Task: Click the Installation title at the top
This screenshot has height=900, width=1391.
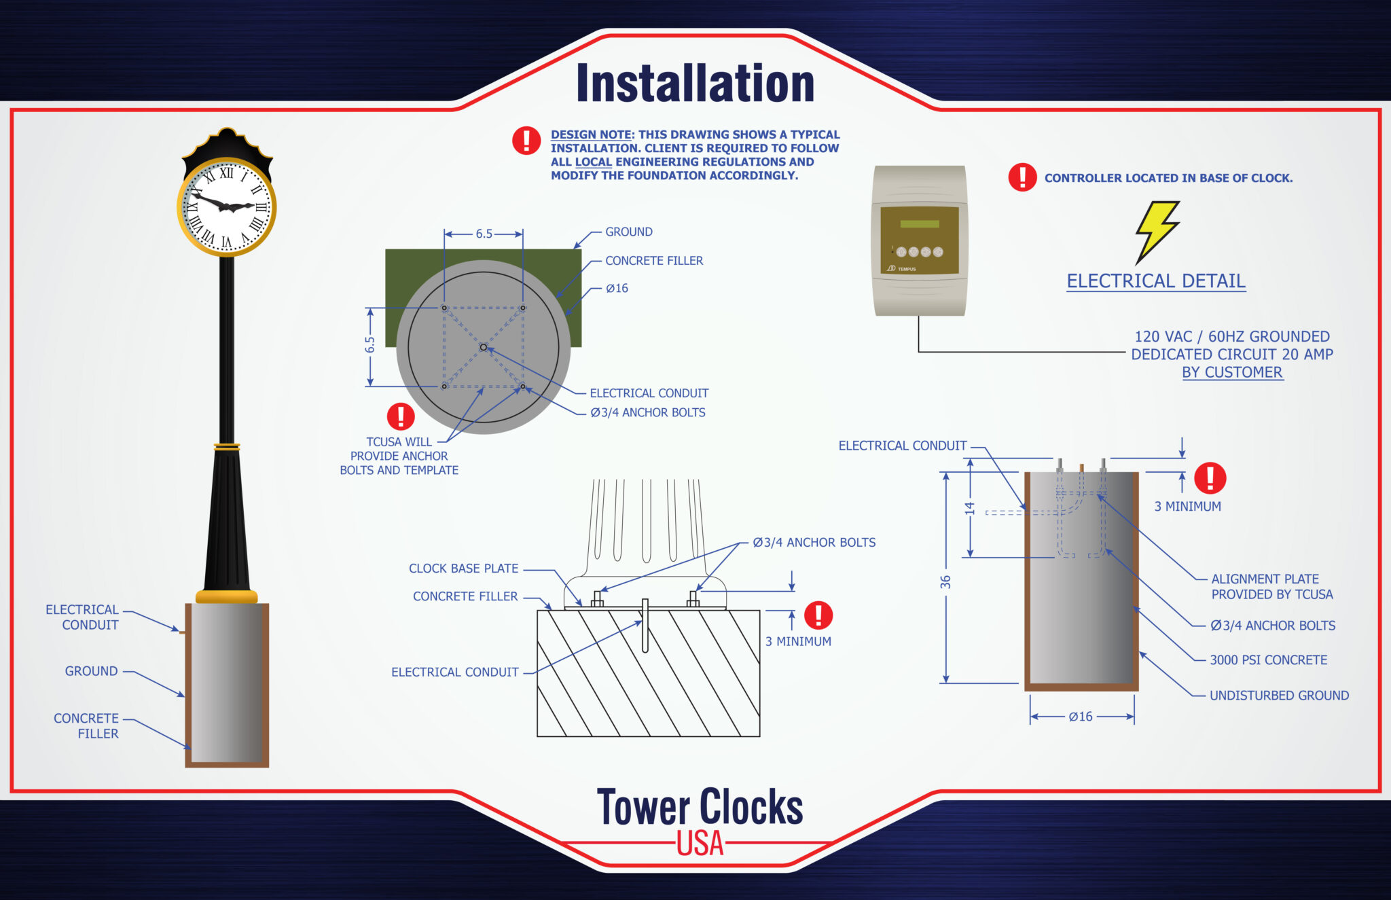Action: pos(695,84)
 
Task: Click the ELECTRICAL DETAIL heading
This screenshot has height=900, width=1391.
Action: pos(1155,281)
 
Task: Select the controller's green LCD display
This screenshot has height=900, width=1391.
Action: pos(920,223)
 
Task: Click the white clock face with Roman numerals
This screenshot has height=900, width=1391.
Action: pos(227,206)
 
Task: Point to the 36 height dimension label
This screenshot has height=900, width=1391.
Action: pos(945,582)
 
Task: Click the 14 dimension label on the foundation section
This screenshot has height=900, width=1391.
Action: pos(970,508)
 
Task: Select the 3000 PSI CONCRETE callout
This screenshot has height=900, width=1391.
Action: pos(1268,660)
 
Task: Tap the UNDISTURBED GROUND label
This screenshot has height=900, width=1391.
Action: pos(1279,696)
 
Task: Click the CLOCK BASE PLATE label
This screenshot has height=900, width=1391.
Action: pos(463,569)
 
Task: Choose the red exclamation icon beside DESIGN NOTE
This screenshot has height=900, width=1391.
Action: pos(526,141)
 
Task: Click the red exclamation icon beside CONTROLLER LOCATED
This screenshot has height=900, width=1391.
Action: pos(1022,177)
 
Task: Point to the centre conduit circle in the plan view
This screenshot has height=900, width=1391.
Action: pos(484,347)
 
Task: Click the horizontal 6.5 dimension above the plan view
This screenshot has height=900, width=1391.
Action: pos(484,234)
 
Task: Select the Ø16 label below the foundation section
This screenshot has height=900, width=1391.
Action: pos(1081,717)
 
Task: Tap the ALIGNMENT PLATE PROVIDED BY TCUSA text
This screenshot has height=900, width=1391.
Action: pos(1271,587)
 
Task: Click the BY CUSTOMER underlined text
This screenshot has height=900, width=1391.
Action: pos(1232,372)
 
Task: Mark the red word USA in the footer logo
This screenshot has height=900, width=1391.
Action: pos(700,844)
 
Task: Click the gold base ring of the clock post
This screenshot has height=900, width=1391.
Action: pos(227,597)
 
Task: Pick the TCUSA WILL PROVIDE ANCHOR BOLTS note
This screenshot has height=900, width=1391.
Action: pos(399,456)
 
